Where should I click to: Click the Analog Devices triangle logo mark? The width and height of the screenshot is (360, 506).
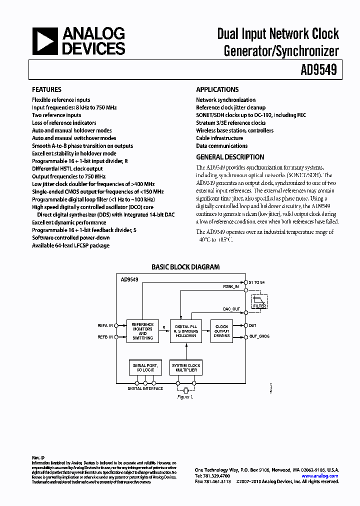(45, 41)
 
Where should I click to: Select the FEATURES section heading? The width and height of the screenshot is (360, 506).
(46, 89)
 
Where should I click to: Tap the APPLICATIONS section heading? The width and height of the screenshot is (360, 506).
(217, 89)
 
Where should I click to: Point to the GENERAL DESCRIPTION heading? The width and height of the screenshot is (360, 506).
(230, 157)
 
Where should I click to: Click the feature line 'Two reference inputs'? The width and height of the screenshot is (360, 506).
(56, 115)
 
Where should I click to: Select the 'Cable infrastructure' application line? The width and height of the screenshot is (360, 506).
(219, 138)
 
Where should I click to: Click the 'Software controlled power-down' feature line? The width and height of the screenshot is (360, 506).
(71, 237)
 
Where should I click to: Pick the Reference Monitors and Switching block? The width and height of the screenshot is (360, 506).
(142, 331)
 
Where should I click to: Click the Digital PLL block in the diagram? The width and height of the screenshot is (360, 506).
(185, 331)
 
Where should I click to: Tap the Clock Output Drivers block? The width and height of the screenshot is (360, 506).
(221, 331)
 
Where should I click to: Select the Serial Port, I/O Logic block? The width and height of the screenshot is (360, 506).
(145, 368)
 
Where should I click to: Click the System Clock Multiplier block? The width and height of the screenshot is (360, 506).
(185, 368)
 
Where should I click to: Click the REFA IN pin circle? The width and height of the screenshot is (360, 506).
(116, 325)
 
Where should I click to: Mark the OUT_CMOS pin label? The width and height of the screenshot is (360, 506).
(259, 336)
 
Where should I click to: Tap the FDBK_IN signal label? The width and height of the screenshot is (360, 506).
(231, 287)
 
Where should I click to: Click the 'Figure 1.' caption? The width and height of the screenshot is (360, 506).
(185, 396)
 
